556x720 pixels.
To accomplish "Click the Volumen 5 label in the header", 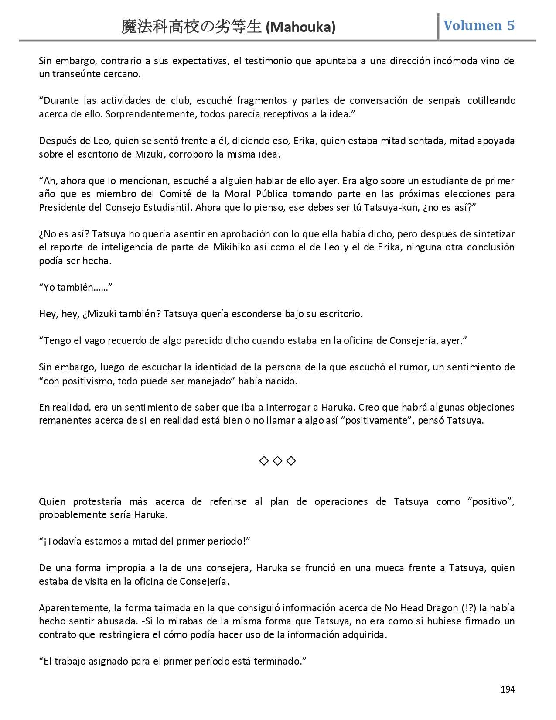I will pyautogui.click(x=479, y=25).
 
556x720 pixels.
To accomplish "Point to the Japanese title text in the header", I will pyautogui.click(x=191, y=27).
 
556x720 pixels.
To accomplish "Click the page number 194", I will pyautogui.click(x=508, y=689).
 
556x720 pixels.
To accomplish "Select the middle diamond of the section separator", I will pyautogui.click(x=277, y=461).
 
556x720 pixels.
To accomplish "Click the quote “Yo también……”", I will pyautogui.click(x=76, y=287).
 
